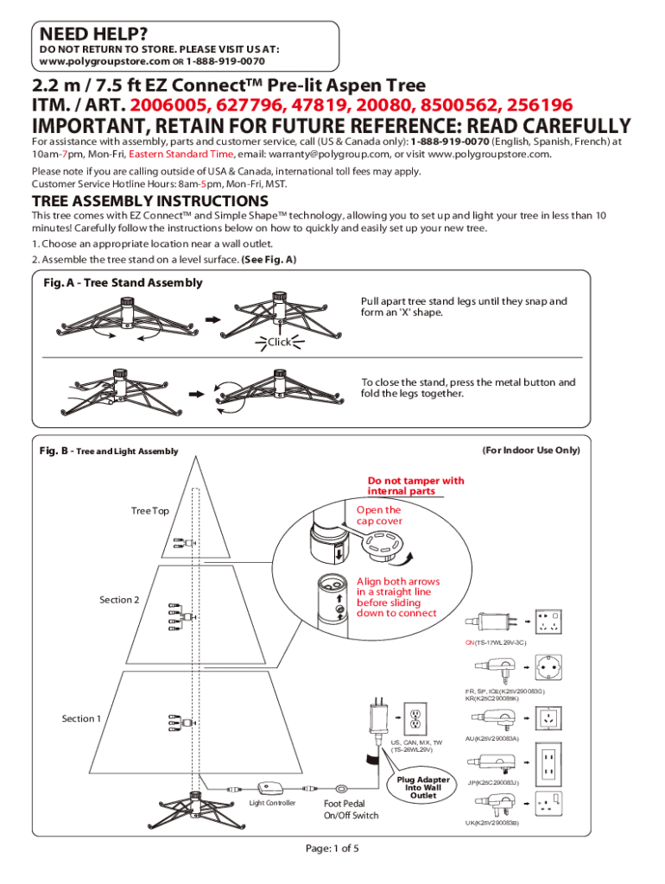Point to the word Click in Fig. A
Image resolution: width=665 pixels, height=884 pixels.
coord(280,342)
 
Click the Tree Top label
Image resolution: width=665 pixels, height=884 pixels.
coord(149,511)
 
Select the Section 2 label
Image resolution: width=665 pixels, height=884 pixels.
coord(118,600)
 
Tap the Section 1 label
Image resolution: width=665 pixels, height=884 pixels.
coord(81,718)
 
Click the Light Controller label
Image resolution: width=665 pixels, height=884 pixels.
coord(272,803)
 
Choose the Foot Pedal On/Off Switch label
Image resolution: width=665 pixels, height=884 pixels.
coord(351,809)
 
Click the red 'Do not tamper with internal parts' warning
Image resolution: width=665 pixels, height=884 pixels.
coord(415,486)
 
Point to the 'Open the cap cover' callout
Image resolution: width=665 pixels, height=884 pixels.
coord(379,515)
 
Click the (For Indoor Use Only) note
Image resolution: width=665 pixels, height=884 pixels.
coord(530,451)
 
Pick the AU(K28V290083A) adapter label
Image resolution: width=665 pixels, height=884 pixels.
coord(491,739)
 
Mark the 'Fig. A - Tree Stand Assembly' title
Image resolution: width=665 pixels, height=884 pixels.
coord(123,283)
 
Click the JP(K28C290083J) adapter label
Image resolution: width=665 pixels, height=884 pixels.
coord(492,782)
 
